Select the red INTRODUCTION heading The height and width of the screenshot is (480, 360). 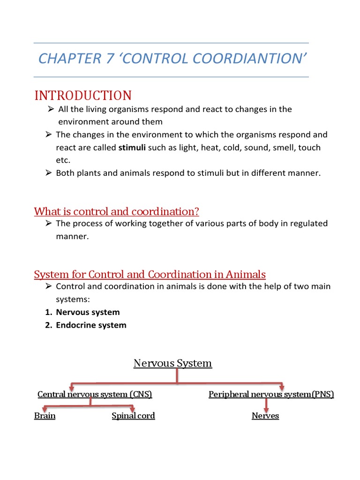(x=83, y=96)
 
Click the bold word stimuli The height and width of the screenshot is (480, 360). (x=132, y=148)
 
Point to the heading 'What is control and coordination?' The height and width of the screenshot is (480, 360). (x=117, y=211)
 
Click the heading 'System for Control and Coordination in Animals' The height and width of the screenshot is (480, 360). (x=150, y=274)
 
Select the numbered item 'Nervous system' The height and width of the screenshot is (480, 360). (x=88, y=312)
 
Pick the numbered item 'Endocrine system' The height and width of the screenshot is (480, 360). (x=91, y=325)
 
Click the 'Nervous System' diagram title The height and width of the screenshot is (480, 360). (x=172, y=363)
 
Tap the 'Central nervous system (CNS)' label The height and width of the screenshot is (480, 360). (x=95, y=394)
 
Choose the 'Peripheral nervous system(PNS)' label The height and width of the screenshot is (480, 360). (x=271, y=394)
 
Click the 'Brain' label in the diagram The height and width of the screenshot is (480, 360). (x=45, y=416)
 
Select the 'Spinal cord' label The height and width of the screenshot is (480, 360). (x=133, y=416)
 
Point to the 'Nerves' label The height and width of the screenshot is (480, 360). (x=265, y=416)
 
